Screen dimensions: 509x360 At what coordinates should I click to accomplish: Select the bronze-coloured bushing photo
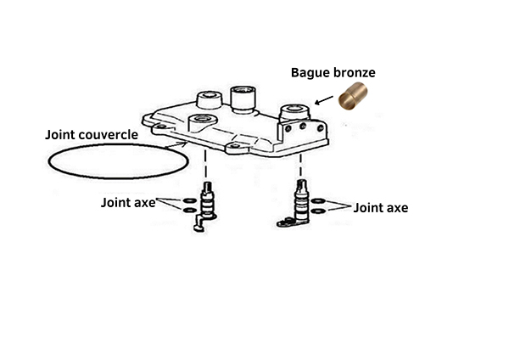[x=353, y=96]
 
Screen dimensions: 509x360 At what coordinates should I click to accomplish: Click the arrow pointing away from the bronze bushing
[x=324, y=100]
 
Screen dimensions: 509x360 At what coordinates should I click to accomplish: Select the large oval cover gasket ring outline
[x=48, y=161]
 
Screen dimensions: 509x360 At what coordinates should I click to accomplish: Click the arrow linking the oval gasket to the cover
[x=176, y=145]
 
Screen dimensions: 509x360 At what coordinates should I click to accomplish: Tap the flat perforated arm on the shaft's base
[x=288, y=222]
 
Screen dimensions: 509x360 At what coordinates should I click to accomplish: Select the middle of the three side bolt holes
[x=303, y=126]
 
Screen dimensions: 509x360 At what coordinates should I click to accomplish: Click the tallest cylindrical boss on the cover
[x=242, y=98]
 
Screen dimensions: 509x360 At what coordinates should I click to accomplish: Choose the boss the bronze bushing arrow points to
[x=294, y=113]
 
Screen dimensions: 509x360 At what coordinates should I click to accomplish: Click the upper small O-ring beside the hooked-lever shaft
[x=189, y=200]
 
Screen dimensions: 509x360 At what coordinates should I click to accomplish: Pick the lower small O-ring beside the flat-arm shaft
[x=318, y=211]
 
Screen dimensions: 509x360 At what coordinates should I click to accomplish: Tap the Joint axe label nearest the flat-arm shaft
[x=380, y=208]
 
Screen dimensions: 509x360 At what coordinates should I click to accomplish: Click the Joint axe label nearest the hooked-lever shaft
[x=128, y=203]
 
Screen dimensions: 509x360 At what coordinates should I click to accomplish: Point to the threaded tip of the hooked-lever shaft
[x=207, y=187]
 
